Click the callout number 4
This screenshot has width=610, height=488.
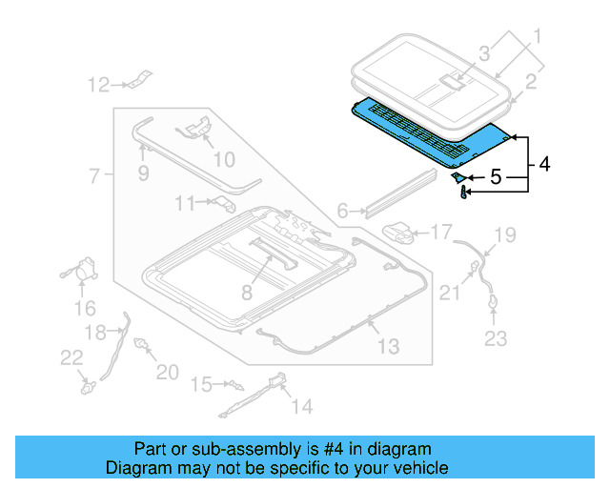(543, 164)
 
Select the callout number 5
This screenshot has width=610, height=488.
(495, 176)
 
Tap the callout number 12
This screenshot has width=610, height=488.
(98, 86)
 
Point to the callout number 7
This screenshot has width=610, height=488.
(93, 176)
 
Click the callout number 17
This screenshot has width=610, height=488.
(440, 232)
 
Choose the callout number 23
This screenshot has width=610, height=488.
(497, 337)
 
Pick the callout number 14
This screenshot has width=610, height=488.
(301, 407)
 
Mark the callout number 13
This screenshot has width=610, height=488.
(388, 346)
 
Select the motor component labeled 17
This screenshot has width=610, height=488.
(400, 232)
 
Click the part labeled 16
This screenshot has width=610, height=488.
(84, 271)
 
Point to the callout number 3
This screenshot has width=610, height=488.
(484, 53)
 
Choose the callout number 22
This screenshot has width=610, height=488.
(71, 356)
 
